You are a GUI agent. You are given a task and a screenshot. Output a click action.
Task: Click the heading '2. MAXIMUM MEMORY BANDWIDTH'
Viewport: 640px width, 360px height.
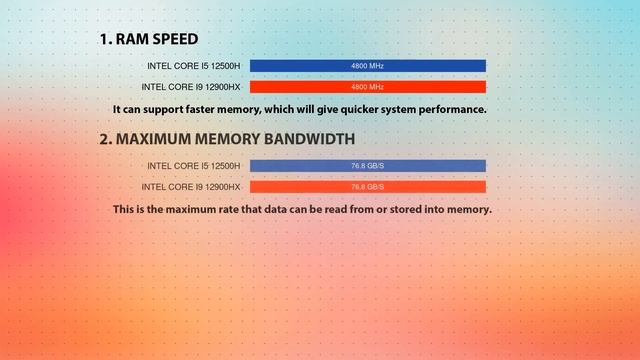tap(226, 139)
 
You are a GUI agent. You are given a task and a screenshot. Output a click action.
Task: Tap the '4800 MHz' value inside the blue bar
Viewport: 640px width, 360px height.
tap(367, 66)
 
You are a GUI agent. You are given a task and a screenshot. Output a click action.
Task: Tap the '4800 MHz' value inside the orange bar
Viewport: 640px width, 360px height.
tap(367, 87)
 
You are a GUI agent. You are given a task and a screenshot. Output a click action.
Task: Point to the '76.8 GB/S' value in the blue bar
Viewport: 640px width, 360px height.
tap(367, 166)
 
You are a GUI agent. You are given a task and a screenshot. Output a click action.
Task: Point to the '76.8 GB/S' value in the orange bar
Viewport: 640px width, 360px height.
tap(367, 187)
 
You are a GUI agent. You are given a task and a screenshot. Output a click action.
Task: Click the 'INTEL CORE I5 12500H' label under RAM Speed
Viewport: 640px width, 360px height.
tap(193, 66)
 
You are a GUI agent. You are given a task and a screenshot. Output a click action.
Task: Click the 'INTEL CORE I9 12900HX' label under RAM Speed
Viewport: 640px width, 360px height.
tap(191, 87)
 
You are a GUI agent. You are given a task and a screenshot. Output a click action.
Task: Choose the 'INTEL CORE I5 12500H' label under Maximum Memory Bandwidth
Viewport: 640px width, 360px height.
tap(193, 166)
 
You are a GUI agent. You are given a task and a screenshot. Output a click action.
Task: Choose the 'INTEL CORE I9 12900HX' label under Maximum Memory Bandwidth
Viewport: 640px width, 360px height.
tap(191, 187)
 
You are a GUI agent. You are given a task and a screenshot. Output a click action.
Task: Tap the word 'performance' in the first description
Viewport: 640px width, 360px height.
tap(450, 109)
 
